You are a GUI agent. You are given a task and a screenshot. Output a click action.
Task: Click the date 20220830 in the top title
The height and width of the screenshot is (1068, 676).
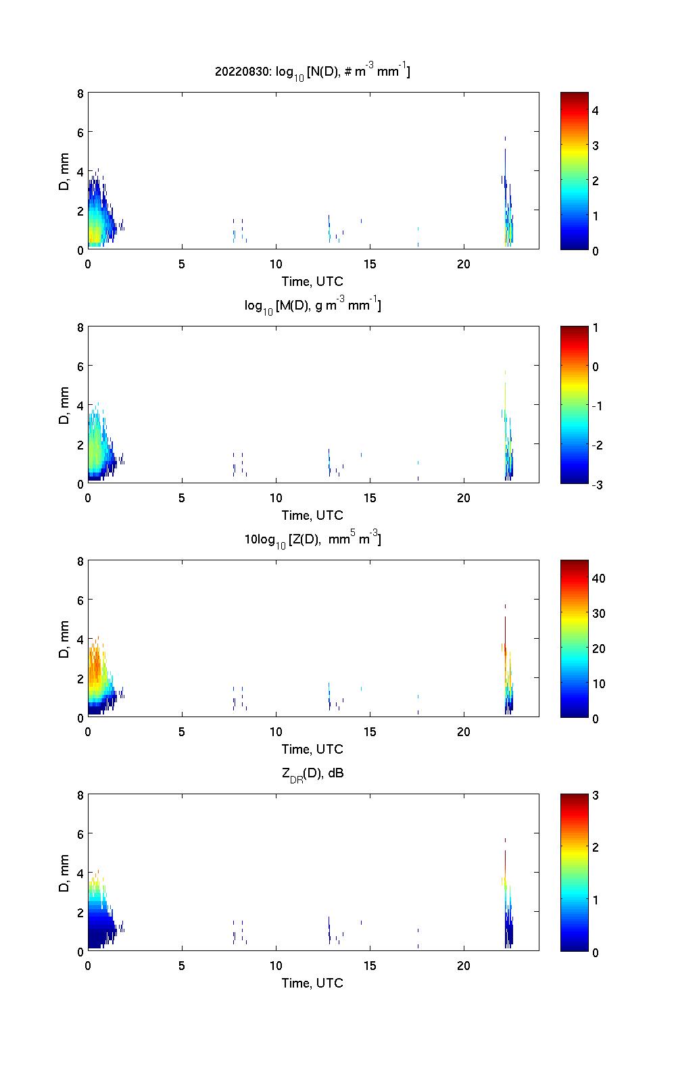[242, 72]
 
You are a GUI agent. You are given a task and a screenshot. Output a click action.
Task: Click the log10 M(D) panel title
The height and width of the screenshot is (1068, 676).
[312, 306]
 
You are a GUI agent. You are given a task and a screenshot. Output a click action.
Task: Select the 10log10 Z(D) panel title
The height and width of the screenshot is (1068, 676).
[312, 540]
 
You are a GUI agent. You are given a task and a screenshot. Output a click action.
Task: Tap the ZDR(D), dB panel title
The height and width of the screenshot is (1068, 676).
[312, 773]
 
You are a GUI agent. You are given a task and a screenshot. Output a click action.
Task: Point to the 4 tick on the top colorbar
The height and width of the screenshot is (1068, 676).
[596, 110]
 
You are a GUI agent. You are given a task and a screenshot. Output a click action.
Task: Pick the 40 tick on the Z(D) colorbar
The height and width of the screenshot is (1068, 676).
[598, 578]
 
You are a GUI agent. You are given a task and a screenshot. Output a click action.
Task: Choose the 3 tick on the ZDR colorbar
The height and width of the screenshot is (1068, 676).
[596, 795]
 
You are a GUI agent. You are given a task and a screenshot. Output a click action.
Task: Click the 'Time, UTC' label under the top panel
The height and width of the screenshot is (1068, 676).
[312, 281]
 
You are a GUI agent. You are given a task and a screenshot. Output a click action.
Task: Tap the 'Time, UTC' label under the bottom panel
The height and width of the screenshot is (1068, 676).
[312, 983]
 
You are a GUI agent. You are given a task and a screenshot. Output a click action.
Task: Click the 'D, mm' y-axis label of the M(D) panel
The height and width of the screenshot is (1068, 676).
[65, 406]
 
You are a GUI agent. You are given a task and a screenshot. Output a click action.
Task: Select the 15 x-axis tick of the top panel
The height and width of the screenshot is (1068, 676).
[370, 264]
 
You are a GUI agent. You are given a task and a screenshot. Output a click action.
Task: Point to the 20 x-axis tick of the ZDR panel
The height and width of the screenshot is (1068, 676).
[463, 965]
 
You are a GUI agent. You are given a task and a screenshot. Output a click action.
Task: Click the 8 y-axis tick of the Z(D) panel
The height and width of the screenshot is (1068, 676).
[80, 561]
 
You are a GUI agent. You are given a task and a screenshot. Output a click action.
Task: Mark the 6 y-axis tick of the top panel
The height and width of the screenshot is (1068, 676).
[80, 132]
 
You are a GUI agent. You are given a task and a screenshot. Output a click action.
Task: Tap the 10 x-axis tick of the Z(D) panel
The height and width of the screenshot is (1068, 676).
[276, 731]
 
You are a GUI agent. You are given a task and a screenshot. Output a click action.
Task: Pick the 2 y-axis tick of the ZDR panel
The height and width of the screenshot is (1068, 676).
[80, 912]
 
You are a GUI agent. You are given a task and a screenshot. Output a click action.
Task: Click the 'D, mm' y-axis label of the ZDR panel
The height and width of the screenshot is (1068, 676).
[65, 873]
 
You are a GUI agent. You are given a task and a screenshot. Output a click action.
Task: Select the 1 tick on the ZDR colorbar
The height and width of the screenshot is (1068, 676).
[596, 900]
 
